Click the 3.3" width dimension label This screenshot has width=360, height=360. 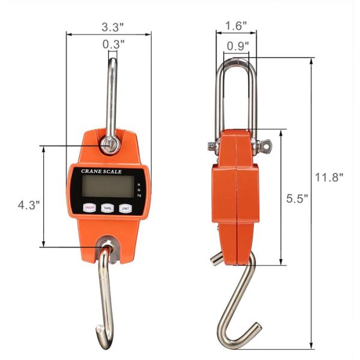tap(113, 27)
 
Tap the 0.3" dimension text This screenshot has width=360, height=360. tap(113, 44)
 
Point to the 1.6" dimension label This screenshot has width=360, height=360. tap(236, 26)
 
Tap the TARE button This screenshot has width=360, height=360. tap(108, 208)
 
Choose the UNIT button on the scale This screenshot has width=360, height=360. tap(125, 208)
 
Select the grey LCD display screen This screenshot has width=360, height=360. tap(106, 188)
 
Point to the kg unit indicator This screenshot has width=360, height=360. tap(139, 196)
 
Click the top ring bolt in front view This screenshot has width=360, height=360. tap(110, 145)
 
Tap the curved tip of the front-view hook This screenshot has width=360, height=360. tap(100, 329)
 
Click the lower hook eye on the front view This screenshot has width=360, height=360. tap(107, 246)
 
